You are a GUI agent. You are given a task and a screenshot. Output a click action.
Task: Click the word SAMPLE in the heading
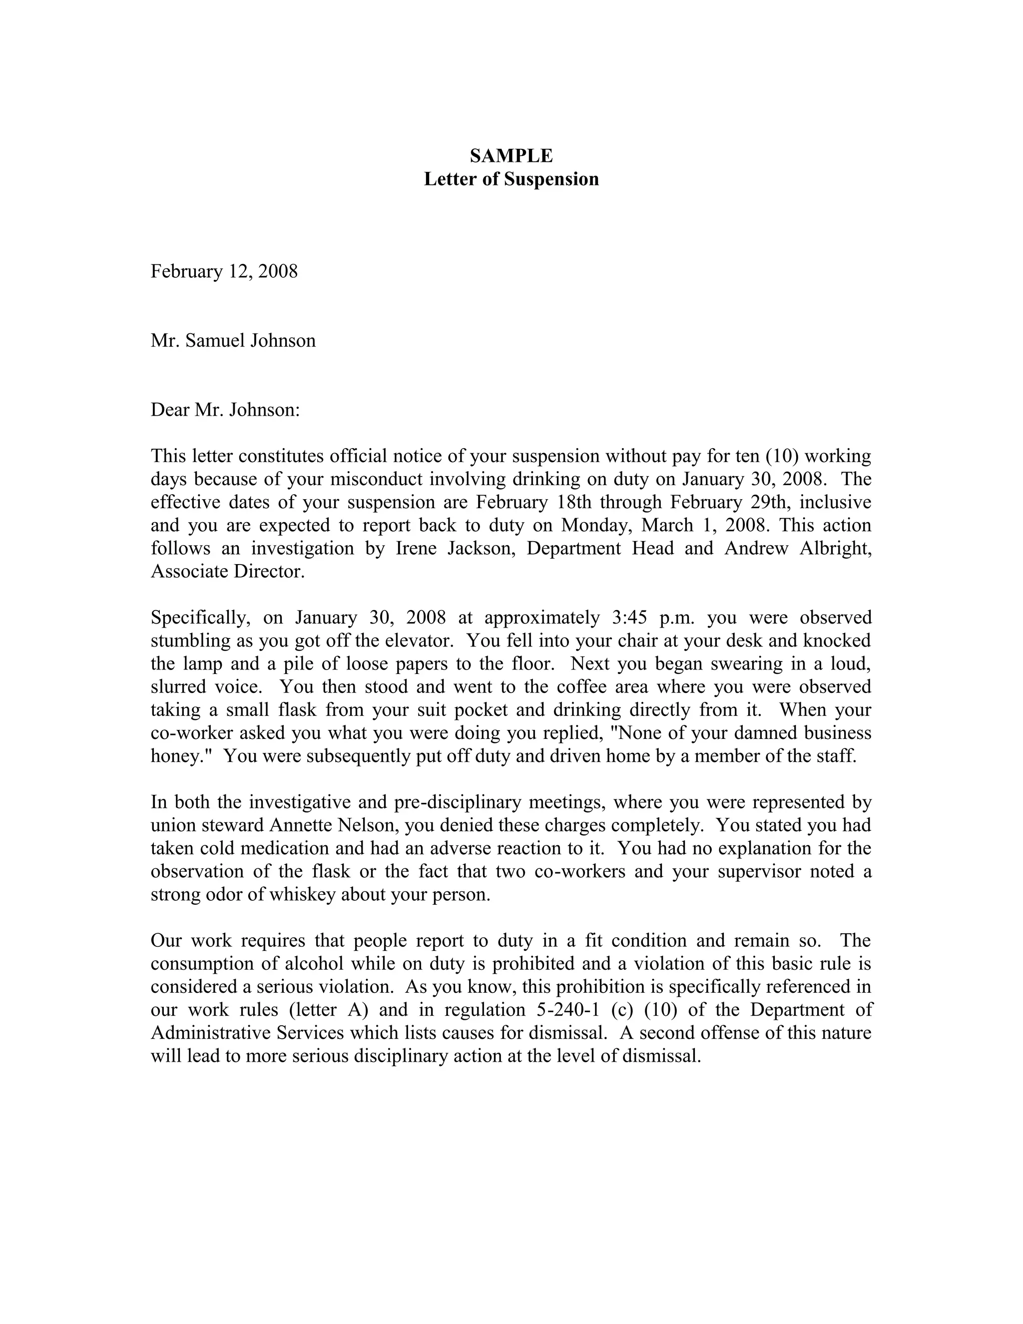point(511,156)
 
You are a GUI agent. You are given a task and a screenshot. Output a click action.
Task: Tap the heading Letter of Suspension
point(511,179)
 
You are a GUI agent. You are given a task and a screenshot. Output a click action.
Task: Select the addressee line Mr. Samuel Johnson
point(233,341)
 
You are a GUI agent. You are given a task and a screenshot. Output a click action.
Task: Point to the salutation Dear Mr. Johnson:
point(225,410)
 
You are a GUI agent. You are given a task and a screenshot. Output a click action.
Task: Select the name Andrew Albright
point(798,548)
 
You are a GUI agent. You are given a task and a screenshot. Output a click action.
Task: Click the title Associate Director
point(227,571)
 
